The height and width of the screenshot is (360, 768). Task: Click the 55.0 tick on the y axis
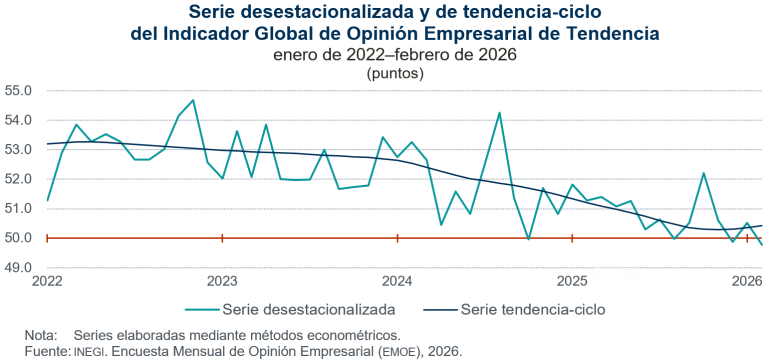20,90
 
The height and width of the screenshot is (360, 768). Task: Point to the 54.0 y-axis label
20,120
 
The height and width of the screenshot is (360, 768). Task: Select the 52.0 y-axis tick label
20,179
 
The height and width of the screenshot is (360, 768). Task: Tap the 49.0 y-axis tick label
20,268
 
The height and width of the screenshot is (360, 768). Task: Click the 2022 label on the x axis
47,281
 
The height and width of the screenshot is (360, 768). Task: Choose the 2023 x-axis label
222,281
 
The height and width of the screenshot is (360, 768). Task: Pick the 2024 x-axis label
397,281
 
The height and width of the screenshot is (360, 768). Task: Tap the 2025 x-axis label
572,281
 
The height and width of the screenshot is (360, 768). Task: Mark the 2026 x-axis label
745,281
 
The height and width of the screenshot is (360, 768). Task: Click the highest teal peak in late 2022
193,100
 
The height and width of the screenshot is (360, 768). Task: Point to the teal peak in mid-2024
499,113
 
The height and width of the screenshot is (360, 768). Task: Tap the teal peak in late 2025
703,173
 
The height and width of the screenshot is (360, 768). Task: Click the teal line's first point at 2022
47,201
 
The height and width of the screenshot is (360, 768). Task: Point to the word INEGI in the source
93,352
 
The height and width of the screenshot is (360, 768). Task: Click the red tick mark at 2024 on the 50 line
397,238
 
